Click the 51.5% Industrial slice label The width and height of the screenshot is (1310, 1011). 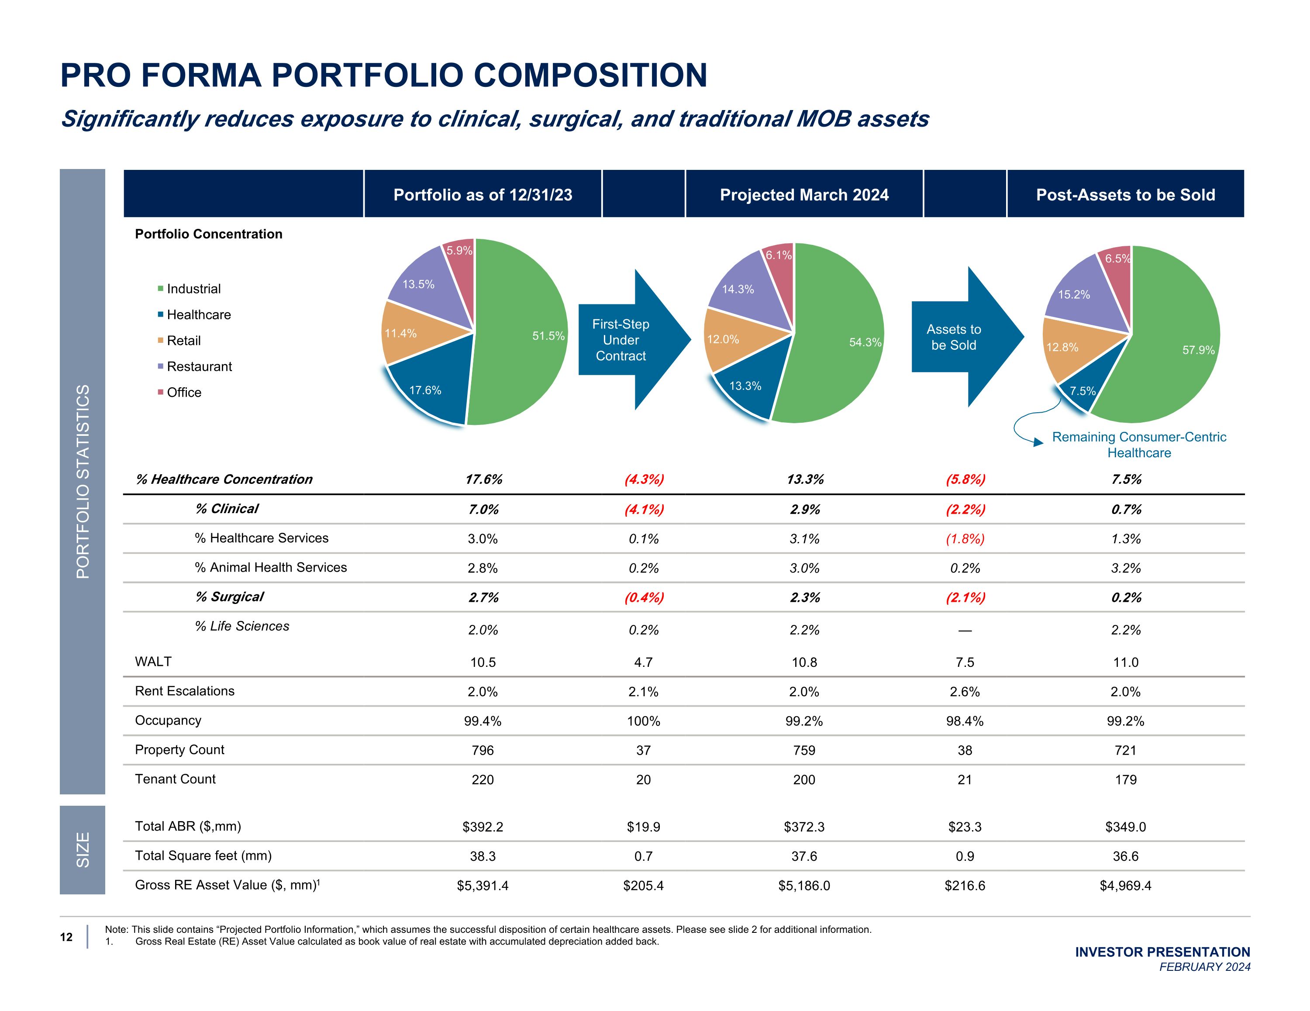click(x=548, y=336)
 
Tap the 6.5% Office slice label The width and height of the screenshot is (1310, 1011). click(x=1117, y=259)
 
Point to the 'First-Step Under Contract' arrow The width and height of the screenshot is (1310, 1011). click(x=624, y=340)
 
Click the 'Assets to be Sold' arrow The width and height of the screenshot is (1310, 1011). click(x=957, y=337)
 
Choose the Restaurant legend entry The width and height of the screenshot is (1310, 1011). click(x=199, y=366)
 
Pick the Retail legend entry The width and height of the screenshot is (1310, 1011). click(x=183, y=341)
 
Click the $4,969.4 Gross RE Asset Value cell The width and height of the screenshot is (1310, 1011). click(x=1125, y=886)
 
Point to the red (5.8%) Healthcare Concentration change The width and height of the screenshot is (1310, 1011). click(x=965, y=480)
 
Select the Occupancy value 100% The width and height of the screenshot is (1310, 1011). click(x=643, y=721)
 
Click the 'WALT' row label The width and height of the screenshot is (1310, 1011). click(x=154, y=661)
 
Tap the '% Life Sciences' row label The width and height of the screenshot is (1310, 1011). click(x=242, y=626)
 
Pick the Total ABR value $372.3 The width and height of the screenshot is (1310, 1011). click(x=804, y=827)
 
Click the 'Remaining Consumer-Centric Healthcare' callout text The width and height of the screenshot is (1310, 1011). click(x=1138, y=445)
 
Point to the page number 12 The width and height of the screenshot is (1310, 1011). click(x=66, y=937)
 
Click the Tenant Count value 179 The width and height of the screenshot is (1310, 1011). click(x=1125, y=780)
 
